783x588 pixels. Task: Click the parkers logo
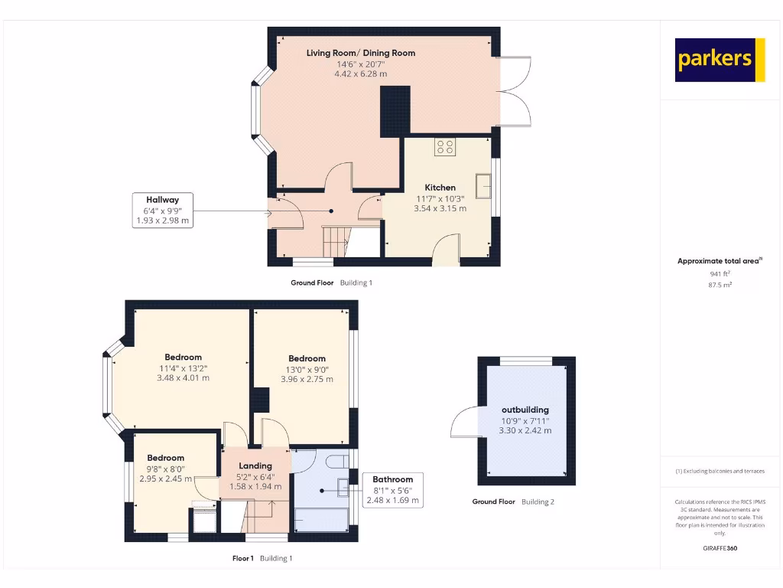click(x=720, y=60)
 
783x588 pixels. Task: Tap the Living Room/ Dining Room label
click(x=361, y=53)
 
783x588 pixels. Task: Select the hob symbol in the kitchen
click(x=444, y=146)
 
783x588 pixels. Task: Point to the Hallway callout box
click(x=162, y=210)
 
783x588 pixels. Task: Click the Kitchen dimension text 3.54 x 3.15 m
click(x=440, y=207)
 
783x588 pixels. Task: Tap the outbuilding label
click(x=525, y=410)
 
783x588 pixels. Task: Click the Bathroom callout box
click(x=392, y=490)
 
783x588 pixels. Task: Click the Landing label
click(x=255, y=465)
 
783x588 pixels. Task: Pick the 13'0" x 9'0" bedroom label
click(x=307, y=358)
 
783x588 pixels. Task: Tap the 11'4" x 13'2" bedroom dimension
click(x=183, y=367)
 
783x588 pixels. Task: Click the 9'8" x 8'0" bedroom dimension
click(x=166, y=469)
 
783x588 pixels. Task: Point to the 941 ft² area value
click(x=720, y=273)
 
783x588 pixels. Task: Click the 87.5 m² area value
click(x=720, y=284)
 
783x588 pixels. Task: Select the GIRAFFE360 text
click(x=720, y=548)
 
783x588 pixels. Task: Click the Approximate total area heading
click(x=720, y=261)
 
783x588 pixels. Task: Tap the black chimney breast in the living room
click(x=395, y=111)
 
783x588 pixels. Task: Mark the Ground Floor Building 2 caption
click(x=513, y=502)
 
